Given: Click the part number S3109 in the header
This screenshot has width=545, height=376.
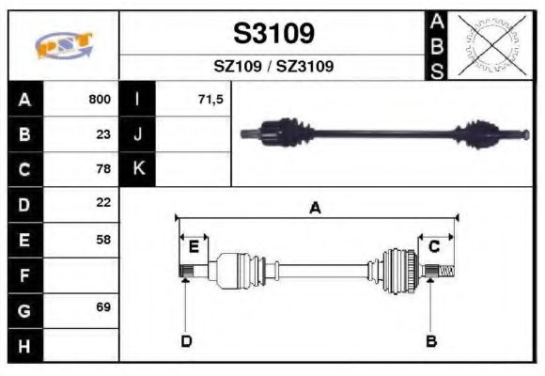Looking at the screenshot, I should [274, 34].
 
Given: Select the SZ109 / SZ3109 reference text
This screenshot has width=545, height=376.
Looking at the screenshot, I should [273, 67].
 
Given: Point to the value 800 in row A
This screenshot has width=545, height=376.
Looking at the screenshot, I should [100, 99].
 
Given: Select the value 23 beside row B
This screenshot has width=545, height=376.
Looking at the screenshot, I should [103, 133].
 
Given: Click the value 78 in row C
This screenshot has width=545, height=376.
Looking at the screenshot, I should [103, 168].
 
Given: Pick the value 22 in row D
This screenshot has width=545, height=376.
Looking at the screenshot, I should [103, 202].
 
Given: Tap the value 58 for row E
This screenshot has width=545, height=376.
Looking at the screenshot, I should [103, 239].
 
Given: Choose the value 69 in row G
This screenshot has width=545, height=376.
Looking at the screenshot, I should [103, 308].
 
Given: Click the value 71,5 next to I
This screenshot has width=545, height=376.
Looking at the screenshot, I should [211, 99].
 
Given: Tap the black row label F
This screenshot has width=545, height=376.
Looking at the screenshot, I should [24, 275].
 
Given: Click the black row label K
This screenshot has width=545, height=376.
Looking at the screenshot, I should [138, 168].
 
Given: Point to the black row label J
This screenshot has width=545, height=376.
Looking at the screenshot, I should [138, 133].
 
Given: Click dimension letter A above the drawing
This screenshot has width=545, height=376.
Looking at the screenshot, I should [316, 208].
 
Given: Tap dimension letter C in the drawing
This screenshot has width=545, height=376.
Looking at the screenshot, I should [435, 246].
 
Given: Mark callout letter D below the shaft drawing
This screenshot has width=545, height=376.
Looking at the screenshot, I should [186, 340].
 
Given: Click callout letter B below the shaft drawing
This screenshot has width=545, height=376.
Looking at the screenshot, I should [431, 340].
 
